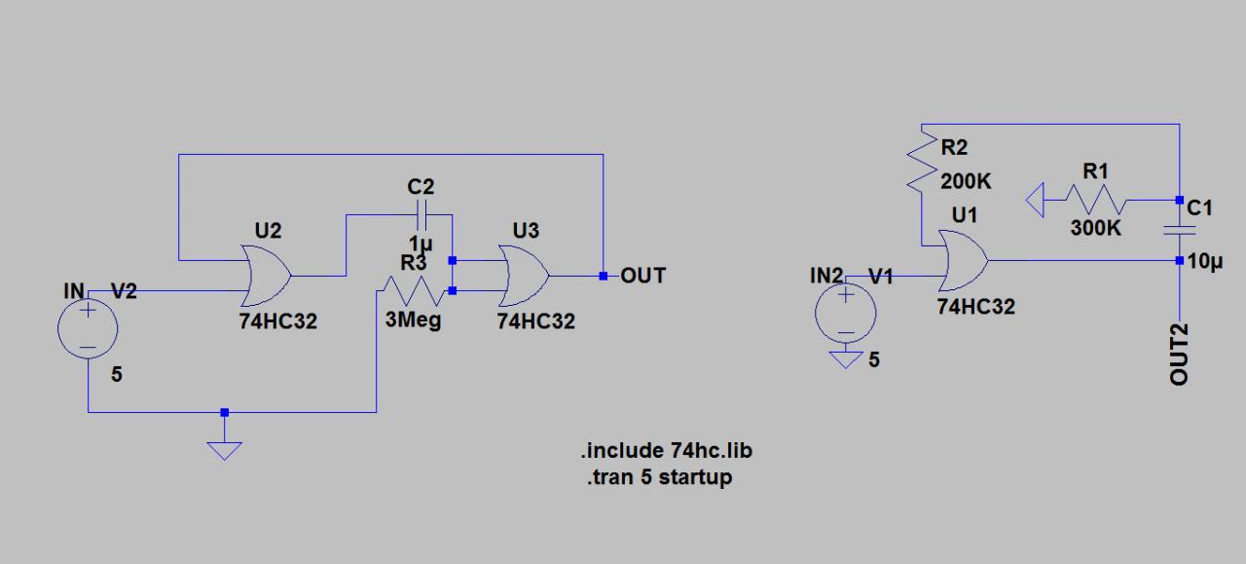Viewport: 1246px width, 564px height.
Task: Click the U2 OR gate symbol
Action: (268, 276)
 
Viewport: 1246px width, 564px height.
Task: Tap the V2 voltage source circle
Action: (88, 328)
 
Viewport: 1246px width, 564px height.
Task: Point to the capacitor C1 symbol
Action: (1179, 230)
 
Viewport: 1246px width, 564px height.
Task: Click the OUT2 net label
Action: (1179, 355)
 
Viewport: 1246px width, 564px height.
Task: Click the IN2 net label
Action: (825, 276)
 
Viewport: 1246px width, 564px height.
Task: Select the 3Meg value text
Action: (413, 320)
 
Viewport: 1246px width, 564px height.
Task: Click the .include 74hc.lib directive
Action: (667, 451)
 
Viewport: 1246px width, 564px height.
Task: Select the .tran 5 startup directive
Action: (659, 477)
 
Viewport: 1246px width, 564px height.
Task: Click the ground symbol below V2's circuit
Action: (224, 449)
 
